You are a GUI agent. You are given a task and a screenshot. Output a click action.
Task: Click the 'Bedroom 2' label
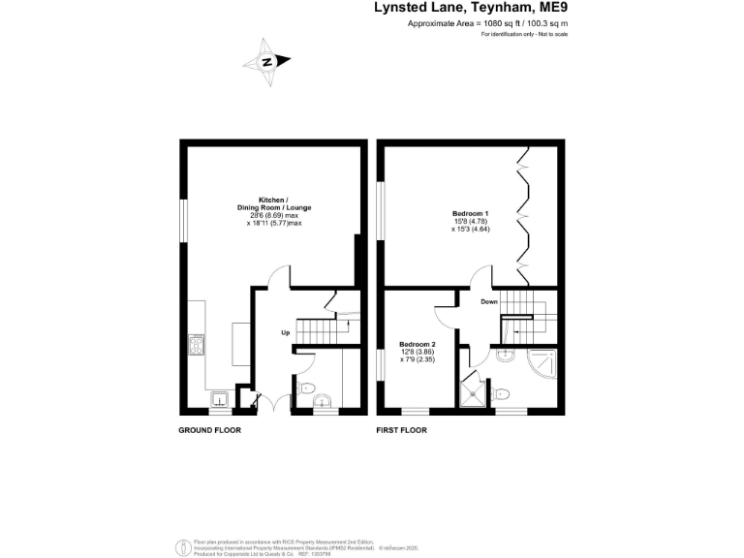pos(418,352)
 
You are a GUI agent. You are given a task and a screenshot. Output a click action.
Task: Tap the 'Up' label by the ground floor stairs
pos(286,333)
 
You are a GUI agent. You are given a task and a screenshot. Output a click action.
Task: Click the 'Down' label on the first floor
pos(489,301)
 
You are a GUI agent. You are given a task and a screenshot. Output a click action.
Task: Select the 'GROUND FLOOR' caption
pos(209,429)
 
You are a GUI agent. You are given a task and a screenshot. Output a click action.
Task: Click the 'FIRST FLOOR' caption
pos(401,429)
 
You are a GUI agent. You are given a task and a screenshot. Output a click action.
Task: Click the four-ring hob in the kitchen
pos(197,346)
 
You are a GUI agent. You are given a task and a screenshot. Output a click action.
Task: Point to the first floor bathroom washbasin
pos(504,356)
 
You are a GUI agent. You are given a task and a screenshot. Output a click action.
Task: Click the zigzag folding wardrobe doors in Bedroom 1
pos(524,214)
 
